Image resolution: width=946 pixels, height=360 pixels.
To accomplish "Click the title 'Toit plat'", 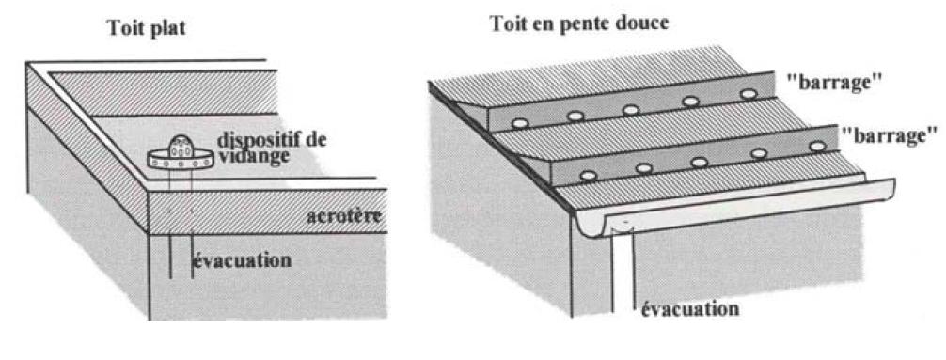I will [x=146, y=28].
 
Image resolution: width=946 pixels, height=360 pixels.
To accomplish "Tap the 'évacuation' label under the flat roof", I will [x=242, y=259].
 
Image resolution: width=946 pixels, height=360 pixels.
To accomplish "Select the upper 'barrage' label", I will [x=833, y=82].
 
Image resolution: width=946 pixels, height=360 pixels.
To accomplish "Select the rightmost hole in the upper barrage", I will [x=749, y=94].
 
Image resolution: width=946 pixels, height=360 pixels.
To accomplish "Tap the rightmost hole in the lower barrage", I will [x=814, y=147].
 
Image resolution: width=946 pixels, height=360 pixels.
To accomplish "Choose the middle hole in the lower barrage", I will [x=700, y=162].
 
